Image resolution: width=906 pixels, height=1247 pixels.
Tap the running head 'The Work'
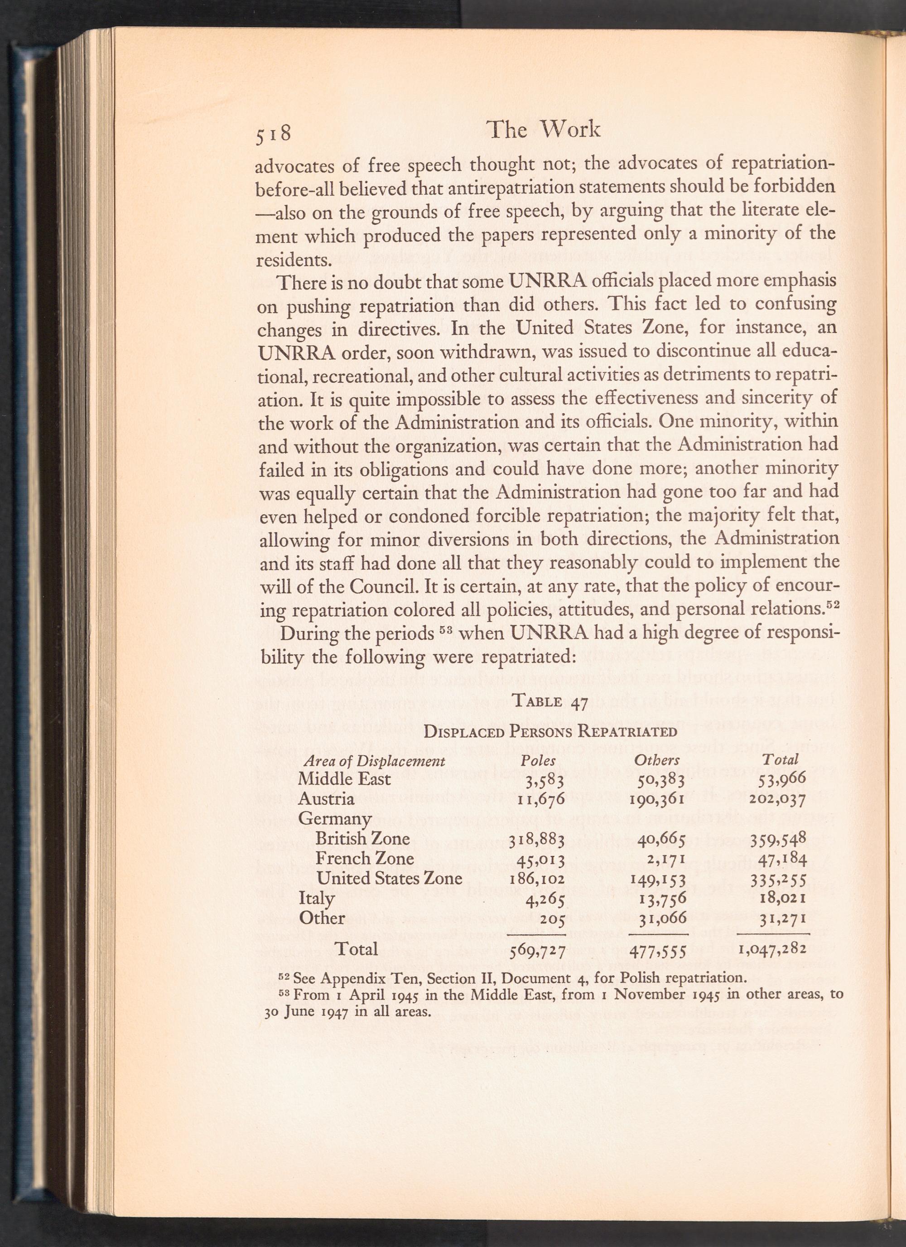coord(543,130)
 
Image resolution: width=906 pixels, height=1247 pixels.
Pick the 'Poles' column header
coord(538,760)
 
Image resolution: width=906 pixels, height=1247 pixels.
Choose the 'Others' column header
coord(656,760)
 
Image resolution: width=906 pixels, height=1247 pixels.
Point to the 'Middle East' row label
coord(344,779)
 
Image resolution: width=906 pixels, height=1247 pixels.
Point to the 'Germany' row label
coord(334,819)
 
